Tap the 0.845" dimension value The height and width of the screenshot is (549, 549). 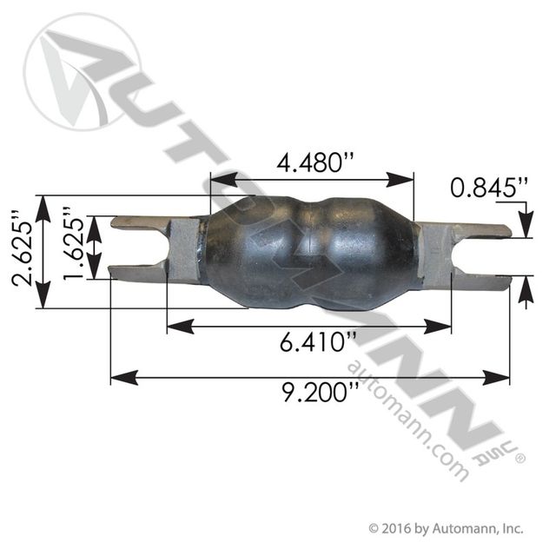[x=489, y=187]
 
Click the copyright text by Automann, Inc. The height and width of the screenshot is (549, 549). [x=446, y=527]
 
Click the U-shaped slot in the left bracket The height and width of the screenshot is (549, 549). [x=138, y=248]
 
